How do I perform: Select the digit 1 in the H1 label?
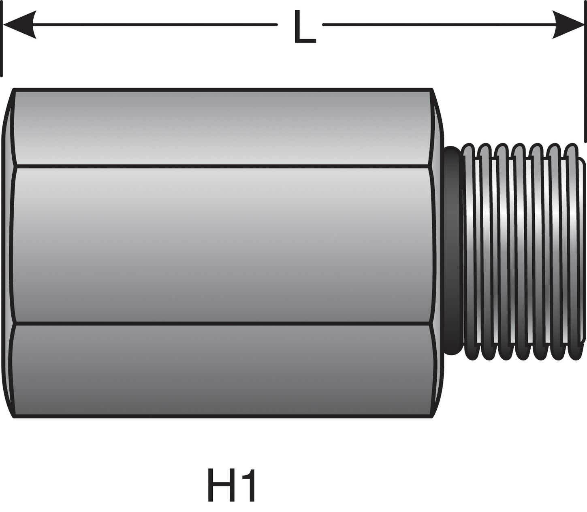tap(249, 485)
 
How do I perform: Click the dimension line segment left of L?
tap(154, 25)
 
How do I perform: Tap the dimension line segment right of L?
tap(438, 25)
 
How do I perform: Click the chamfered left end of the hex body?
tap(8, 251)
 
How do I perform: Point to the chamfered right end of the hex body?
tap(438, 251)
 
